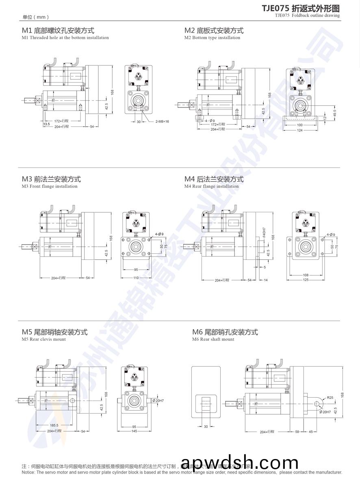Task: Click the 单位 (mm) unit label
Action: [x=36, y=17]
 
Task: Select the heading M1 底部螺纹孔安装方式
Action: [x=58, y=30]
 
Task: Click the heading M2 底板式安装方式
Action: [x=214, y=30]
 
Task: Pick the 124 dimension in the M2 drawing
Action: [x=300, y=130]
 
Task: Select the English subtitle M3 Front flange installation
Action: [x=50, y=186]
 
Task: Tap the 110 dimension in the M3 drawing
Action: [x=136, y=278]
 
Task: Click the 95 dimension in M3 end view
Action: [x=136, y=269]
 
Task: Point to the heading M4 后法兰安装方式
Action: [x=214, y=179]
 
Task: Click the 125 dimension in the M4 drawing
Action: [x=305, y=280]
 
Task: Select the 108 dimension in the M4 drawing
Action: [x=305, y=275]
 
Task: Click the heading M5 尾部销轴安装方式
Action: [x=54, y=332]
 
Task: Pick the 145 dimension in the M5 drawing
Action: [x=134, y=431]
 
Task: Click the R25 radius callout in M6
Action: [x=330, y=398]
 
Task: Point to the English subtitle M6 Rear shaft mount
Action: [x=213, y=339]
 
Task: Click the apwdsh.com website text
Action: [x=240, y=464]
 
